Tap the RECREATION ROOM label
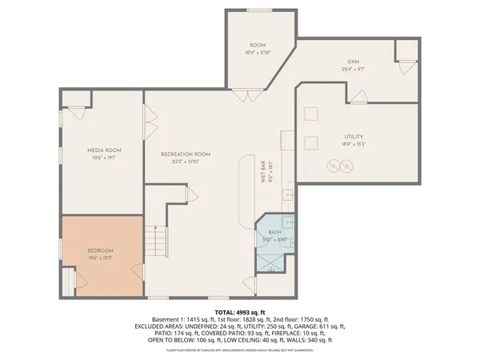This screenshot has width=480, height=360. [185, 154]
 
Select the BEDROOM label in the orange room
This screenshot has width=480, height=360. [101, 250]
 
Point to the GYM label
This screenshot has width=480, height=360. [353, 62]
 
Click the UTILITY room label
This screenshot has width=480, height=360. [354, 138]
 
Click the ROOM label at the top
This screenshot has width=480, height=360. [258, 46]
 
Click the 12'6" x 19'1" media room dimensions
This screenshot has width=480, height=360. [104, 158]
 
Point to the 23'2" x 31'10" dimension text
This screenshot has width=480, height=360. [185, 162]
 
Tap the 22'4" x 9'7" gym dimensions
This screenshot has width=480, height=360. [353, 70]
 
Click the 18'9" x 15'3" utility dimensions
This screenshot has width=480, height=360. [354, 146]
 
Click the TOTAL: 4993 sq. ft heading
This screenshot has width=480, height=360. [240, 312]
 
